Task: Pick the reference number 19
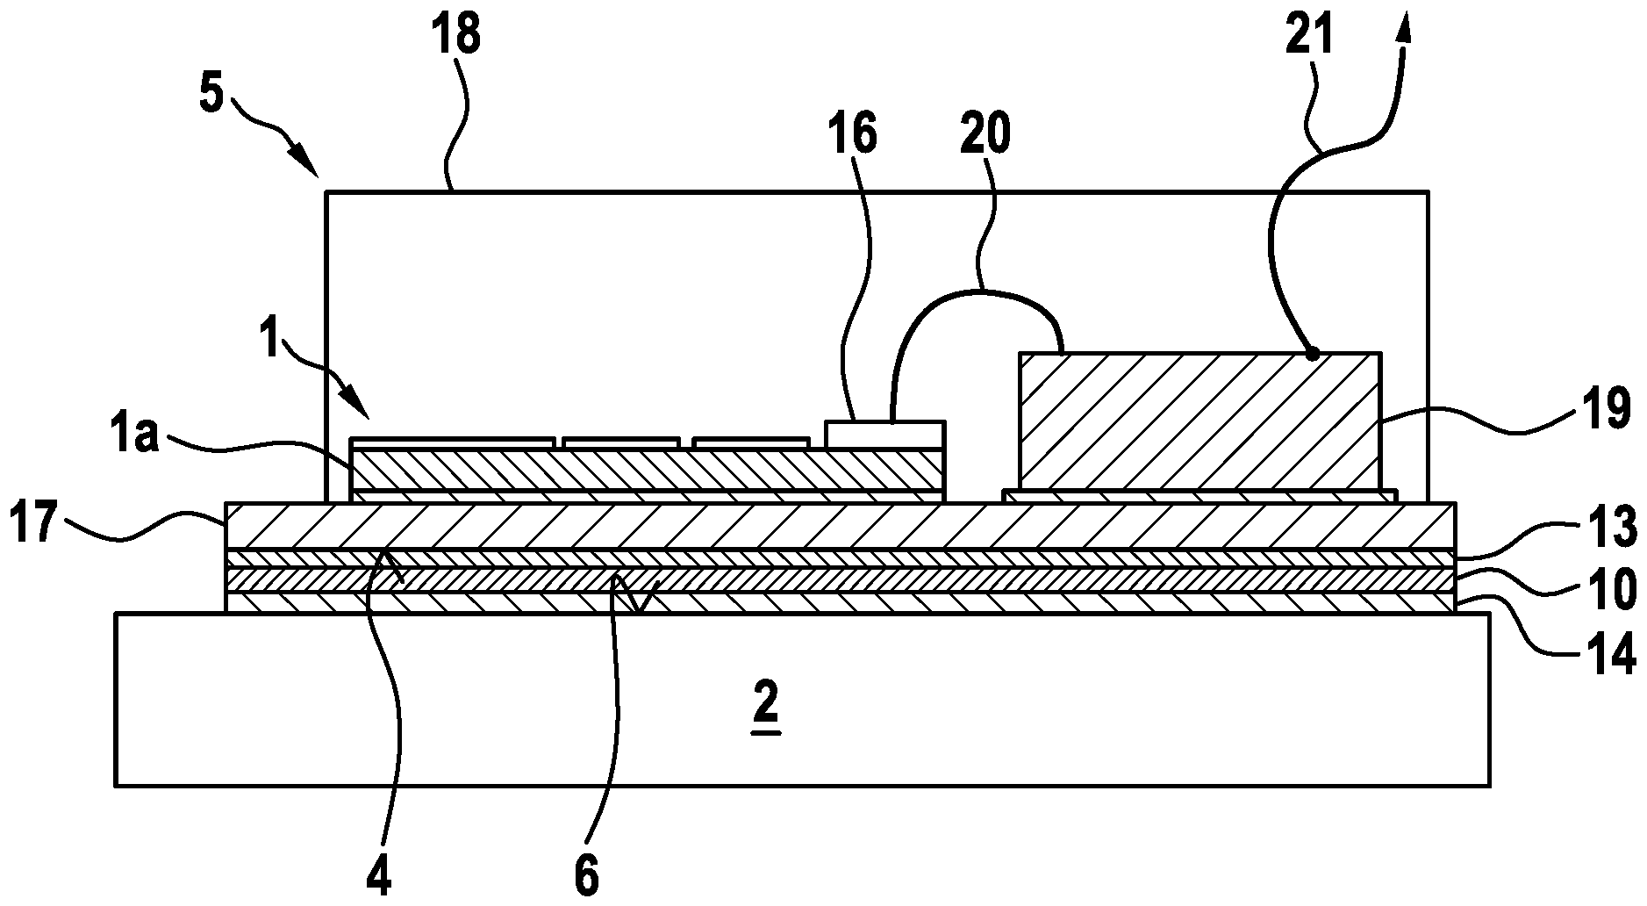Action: [x=1607, y=409]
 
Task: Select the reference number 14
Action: [x=1611, y=654]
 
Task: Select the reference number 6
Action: [x=586, y=874]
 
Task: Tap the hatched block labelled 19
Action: [x=1199, y=421]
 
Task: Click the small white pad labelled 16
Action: [x=884, y=435]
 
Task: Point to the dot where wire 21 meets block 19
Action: [x=1312, y=355]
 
